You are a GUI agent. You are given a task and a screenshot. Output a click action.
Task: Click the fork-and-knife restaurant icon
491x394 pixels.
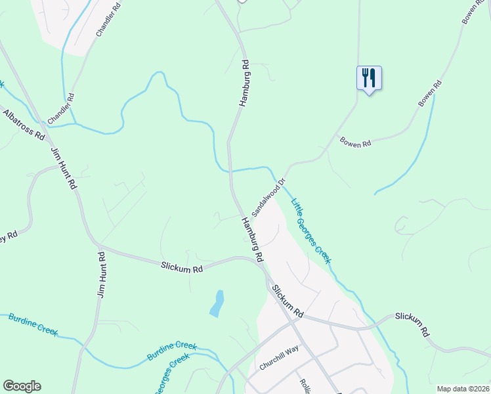click(x=369, y=78)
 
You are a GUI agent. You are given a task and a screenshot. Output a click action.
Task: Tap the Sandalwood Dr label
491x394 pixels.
click(x=268, y=193)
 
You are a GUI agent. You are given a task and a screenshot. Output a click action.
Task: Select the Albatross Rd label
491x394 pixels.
click(x=23, y=125)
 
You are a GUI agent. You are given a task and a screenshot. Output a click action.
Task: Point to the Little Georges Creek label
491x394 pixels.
click(x=311, y=230)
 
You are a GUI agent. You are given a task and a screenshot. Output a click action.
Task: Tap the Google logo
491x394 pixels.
click(x=22, y=386)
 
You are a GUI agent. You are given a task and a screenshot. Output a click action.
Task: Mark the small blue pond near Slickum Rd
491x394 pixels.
click(x=217, y=303)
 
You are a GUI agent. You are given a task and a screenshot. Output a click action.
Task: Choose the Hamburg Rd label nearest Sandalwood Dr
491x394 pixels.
click(x=251, y=238)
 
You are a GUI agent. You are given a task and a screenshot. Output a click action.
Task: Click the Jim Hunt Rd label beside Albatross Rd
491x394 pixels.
click(x=64, y=169)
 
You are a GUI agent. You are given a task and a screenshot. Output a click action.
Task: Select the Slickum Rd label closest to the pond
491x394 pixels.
click(x=182, y=267)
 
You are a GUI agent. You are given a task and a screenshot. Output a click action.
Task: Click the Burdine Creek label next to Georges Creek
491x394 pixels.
click(x=172, y=350)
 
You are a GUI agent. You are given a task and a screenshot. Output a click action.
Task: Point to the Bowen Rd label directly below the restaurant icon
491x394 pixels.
click(x=355, y=142)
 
